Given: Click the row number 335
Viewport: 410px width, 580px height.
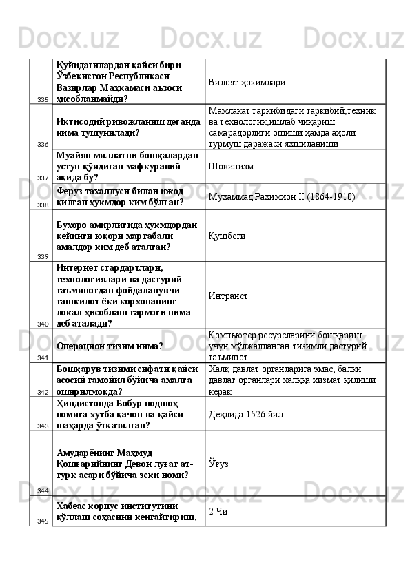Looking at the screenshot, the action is point(43,100).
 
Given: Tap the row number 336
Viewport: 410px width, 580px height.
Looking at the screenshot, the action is point(43,145).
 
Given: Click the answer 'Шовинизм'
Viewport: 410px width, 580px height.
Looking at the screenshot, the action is point(232,166).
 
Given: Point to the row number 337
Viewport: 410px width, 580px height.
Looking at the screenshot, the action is point(43,178).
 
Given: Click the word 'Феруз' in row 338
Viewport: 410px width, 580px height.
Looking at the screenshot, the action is point(71,191).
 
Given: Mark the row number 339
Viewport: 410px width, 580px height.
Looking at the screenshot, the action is point(43,256).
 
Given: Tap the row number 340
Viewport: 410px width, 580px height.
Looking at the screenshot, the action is point(43,324).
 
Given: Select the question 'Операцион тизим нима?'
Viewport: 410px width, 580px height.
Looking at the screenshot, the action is point(110,346).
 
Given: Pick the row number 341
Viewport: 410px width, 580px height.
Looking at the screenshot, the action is point(43,358).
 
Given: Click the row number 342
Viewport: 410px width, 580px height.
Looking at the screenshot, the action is point(43,392).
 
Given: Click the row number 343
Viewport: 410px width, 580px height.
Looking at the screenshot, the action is point(43,426).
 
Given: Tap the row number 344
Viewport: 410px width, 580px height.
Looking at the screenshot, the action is point(43,490).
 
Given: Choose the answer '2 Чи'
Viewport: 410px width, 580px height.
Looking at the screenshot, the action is point(218,511).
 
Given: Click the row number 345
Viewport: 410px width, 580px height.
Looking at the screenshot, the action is point(43,521).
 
